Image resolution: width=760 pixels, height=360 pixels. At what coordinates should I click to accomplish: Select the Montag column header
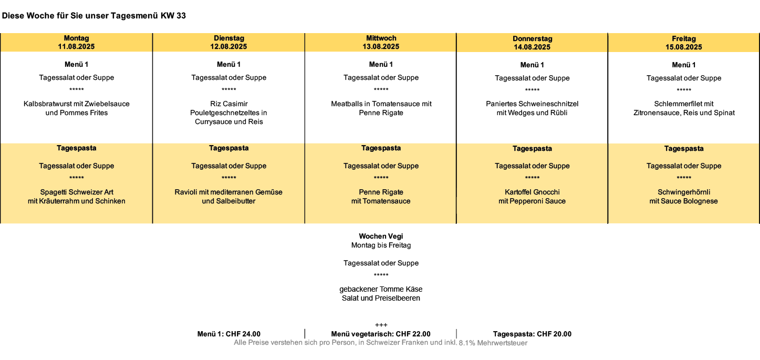(76, 38)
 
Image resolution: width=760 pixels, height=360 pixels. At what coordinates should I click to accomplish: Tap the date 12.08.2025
(228, 47)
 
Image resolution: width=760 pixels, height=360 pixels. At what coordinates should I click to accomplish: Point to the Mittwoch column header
(381, 38)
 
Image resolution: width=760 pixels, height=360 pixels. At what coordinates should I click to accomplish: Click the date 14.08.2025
(532, 47)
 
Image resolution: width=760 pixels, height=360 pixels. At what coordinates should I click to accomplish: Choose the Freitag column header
(684, 39)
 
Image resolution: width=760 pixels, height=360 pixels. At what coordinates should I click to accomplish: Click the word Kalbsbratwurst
(46, 104)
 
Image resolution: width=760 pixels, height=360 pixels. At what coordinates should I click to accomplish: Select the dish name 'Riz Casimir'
(228, 104)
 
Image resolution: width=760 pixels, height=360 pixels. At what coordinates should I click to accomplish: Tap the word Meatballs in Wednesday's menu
(347, 104)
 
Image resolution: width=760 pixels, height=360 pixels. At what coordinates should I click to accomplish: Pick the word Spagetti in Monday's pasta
(53, 192)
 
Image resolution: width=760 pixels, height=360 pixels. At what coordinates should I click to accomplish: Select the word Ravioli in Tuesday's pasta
(185, 192)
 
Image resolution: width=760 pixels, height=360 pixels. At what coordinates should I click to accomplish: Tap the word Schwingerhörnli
(684, 192)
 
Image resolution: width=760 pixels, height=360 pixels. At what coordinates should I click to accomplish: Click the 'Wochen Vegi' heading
(381, 236)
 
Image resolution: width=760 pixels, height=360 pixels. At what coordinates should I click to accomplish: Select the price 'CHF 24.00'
(243, 334)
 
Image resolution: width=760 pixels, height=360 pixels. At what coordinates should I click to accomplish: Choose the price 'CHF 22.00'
(413, 334)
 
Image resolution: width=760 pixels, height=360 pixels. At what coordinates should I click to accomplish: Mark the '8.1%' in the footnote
(467, 343)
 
